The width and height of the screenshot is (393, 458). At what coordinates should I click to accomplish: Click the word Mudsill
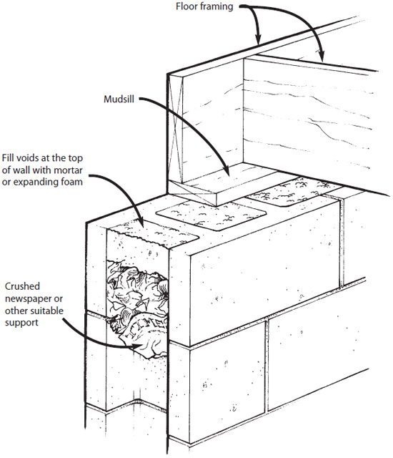[119, 99]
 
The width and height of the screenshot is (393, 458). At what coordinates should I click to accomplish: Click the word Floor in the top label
[185, 6]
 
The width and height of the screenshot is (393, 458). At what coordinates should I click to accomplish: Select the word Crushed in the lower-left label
[22, 286]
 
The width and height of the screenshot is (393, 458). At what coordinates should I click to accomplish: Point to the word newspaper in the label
[29, 299]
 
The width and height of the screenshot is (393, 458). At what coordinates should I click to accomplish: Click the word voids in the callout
[25, 158]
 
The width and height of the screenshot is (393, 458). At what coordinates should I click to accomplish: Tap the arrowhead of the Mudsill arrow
[227, 171]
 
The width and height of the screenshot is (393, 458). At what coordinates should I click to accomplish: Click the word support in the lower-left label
[21, 323]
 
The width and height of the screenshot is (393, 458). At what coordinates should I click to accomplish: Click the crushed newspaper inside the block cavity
[138, 307]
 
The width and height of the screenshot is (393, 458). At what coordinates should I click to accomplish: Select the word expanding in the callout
[33, 182]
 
